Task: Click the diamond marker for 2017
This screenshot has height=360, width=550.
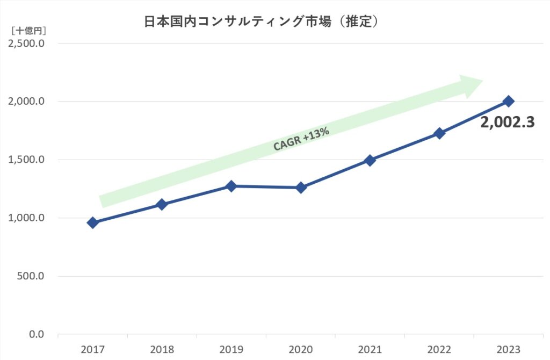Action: (93, 222)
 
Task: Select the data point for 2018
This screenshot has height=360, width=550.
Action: (162, 204)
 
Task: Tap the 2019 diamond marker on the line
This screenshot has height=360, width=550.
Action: (231, 186)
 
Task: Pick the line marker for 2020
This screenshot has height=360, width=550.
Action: (301, 188)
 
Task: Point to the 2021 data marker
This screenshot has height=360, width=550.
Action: (370, 160)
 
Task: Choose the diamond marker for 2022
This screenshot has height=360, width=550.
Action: (439, 133)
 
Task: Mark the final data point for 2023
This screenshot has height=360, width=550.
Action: (508, 102)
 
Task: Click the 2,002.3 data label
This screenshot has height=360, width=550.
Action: (507, 122)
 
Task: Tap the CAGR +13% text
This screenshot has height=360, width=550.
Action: (301, 139)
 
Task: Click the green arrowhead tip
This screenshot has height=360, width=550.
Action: (483, 81)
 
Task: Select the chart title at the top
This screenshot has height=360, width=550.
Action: (261, 21)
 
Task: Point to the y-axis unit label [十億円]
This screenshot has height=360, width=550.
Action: (29, 31)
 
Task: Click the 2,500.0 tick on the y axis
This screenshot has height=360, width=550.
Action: (26, 44)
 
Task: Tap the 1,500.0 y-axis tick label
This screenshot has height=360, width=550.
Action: (26, 160)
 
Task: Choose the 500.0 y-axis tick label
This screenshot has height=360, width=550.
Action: (31, 276)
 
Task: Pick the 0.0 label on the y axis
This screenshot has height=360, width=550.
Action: (37, 334)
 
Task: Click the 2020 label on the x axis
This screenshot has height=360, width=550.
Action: (301, 349)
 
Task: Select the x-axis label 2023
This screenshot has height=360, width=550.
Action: (509, 349)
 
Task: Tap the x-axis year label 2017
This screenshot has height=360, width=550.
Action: (92, 349)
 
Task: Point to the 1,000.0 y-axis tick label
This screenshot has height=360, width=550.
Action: (26, 218)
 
